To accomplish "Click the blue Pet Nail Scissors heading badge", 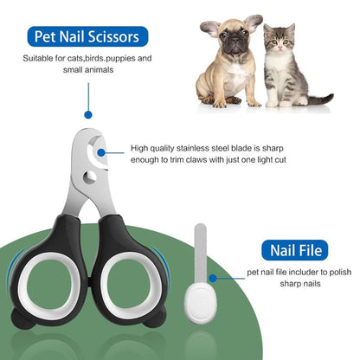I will pyautogui.click(x=87, y=37).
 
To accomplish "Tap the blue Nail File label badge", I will pyautogui.click(x=294, y=252).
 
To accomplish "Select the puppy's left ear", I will pyautogui.click(x=209, y=29).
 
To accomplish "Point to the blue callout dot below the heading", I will pyautogui.click(x=87, y=112).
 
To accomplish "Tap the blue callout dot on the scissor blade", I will pyautogui.click(x=101, y=153).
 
